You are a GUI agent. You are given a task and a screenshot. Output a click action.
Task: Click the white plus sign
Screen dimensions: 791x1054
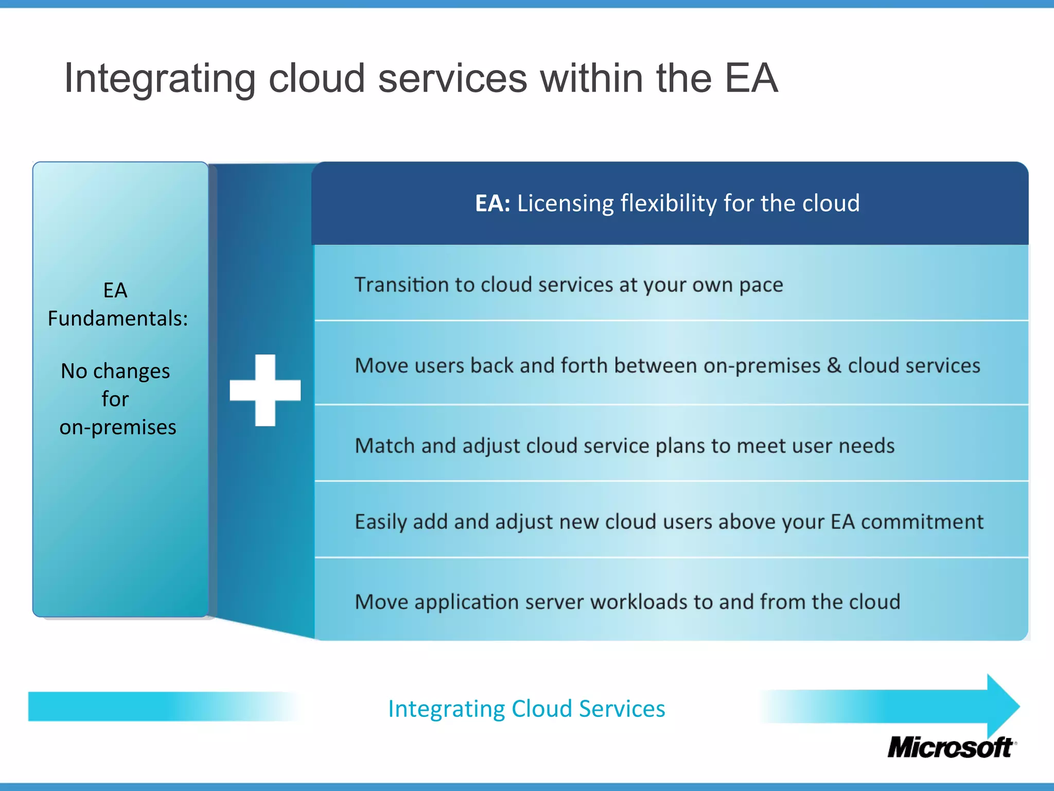pyautogui.click(x=265, y=390)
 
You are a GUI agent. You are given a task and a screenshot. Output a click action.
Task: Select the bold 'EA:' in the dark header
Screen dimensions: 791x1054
pyautogui.click(x=492, y=203)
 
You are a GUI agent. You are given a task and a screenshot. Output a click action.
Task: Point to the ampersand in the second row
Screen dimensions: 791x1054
pyautogui.click(x=834, y=365)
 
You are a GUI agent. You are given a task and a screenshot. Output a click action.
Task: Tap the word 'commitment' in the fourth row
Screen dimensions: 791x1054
pyautogui.click(x=922, y=522)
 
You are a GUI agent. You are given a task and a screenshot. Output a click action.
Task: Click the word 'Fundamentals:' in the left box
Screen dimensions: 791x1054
pyautogui.click(x=118, y=318)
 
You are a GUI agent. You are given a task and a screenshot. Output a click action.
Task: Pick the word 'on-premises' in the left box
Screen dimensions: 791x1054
pyautogui.click(x=118, y=427)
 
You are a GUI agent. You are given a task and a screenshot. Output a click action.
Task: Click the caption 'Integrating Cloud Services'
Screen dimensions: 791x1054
pyautogui.click(x=526, y=709)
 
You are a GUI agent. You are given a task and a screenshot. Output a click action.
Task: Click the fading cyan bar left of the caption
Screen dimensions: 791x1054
pyautogui.click(x=154, y=707)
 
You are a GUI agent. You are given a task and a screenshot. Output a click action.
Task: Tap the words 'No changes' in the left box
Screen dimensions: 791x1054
pyautogui.click(x=115, y=371)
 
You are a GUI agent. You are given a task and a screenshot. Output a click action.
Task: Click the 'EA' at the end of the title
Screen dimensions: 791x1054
pyautogui.click(x=751, y=78)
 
